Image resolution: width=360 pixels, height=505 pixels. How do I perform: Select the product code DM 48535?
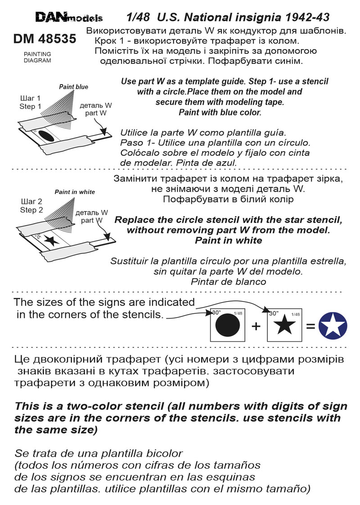45,40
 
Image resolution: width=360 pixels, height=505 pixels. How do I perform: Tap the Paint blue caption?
74,87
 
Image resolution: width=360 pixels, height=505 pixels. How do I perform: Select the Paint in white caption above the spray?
75,192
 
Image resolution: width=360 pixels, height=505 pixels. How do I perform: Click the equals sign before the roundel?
310,326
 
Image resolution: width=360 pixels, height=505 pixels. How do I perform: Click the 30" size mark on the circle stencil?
217,312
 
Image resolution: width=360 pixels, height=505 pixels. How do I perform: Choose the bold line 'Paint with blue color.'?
220,112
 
